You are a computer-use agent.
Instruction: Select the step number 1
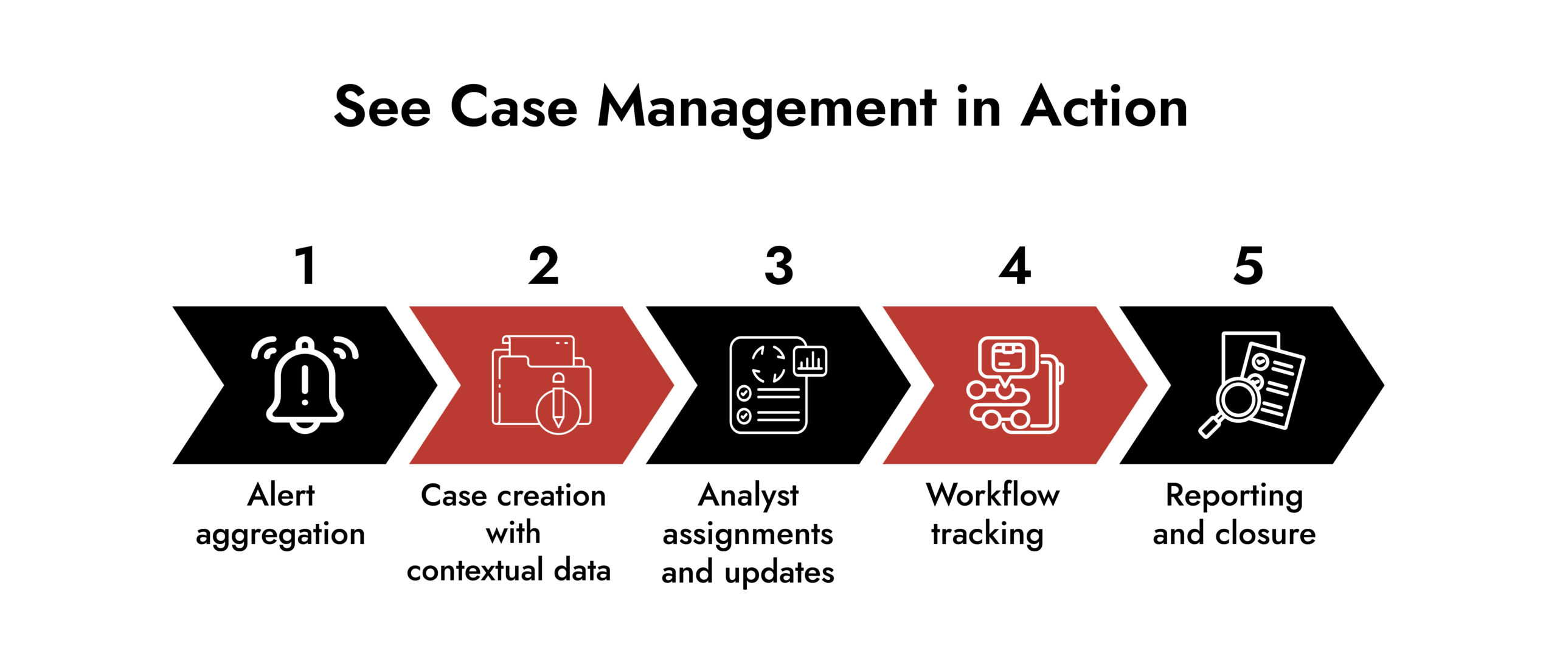305,266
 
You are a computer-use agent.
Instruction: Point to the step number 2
543,266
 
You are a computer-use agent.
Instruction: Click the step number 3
779,266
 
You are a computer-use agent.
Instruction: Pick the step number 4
1015,266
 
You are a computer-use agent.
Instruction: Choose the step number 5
1249,266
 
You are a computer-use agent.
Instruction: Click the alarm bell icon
305,385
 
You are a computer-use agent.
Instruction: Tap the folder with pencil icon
541,385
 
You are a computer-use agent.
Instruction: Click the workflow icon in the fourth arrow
1014,385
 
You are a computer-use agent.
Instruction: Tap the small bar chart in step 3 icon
811,361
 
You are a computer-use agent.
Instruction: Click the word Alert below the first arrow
281,495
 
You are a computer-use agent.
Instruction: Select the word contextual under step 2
475,571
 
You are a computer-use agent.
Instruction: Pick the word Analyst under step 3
748,496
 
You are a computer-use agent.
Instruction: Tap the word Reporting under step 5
1234,496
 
